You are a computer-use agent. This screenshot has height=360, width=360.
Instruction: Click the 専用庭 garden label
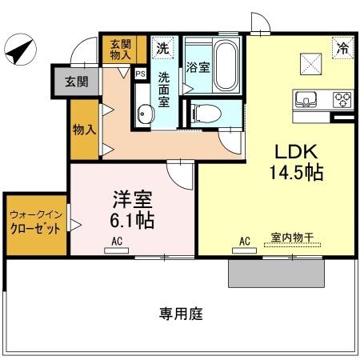coord(181,314)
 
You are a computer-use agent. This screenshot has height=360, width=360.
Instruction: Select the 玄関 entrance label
coord(77,81)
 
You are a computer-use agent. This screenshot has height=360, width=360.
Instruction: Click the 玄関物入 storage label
coord(121,50)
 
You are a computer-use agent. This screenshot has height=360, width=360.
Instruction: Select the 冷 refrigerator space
coord(342,47)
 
